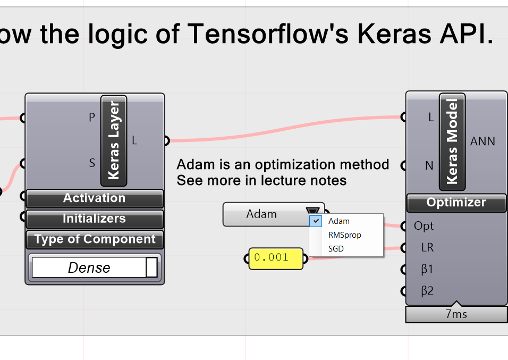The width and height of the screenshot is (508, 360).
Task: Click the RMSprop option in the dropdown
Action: (x=344, y=235)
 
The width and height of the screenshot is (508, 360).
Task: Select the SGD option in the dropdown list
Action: (x=336, y=248)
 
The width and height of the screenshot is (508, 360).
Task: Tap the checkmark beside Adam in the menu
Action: (x=316, y=221)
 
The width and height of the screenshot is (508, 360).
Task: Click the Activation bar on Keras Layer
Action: (x=95, y=198)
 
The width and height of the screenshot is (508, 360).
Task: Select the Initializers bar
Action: (x=95, y=219)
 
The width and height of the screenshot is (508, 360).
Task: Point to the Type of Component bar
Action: (x=95, y=239)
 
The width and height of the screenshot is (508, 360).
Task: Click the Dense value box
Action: (x=89, y=267)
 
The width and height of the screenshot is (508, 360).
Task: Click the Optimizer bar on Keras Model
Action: (x=456, y=203)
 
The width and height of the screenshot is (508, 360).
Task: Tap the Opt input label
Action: (x=424, y=226)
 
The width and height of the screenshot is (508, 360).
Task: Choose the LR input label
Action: (x=427, y=248)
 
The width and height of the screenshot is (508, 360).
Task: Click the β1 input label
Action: (x=427, y=270)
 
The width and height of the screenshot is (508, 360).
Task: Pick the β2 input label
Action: (x=427, y=291)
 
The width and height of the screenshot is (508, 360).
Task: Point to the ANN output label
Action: (x=482, y=141)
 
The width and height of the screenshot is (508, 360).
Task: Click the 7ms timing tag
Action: (x=456, y=314)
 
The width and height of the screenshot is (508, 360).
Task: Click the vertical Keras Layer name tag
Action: (x=114, y=140)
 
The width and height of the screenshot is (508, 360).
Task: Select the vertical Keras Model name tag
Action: (x=452, y=141)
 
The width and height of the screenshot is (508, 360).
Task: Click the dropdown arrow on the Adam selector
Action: (x=313, y=213)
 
